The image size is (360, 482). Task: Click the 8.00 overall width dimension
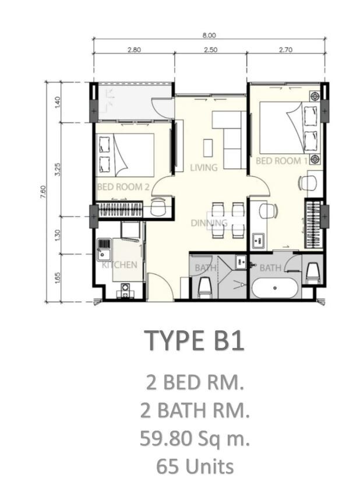click(x=209, y=36)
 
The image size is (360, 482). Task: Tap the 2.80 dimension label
click(x=134, y=50)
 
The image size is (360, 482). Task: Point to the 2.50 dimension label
click(x=211, y=50)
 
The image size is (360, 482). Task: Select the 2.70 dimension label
click(x=285, y=50)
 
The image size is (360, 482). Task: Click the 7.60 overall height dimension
click(x=43, y=192)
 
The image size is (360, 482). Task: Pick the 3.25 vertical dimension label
click(x=58, y=170)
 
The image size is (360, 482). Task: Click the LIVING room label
click(x=204, y=167)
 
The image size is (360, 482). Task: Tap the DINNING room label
click(x=209, y=223)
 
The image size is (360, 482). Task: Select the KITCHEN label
click(x=119, y=265)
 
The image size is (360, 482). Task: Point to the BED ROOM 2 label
click(x=123, y=187)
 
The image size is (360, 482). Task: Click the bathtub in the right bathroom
click(x=274, y=288)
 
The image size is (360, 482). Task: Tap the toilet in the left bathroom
click(x=205, y=287)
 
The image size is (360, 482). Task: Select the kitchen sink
click(x=104, y=249)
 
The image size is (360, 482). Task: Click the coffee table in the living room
click(x=208, y=148)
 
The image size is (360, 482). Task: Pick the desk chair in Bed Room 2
click(x=158, y=206)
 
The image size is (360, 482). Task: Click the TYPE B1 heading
click(x=195, y=340)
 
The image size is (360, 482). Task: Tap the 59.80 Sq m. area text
click(x=195, y=438)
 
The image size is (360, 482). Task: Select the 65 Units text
click(x=195, y=466)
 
